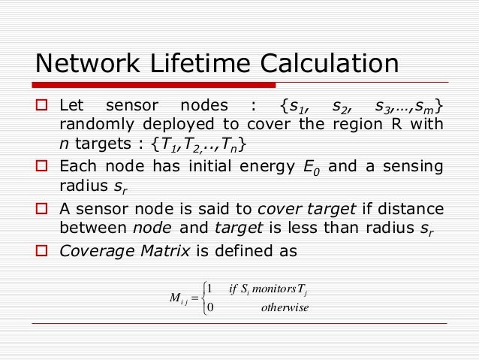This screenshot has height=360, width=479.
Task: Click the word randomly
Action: (92, 123)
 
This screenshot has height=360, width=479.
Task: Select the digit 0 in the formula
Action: (210, 307)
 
